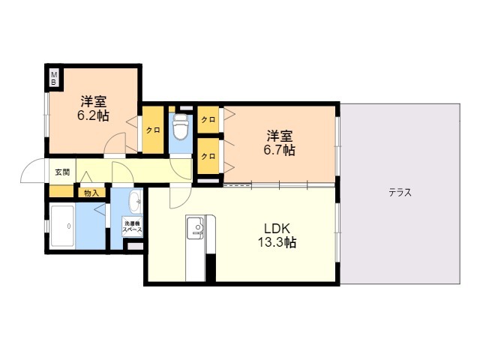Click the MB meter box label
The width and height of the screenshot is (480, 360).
(54, 78)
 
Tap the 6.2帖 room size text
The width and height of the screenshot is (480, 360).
(93, 115)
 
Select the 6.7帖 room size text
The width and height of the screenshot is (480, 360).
(280, 150)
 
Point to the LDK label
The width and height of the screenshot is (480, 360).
(277, 228)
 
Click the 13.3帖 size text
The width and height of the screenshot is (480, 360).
(277, 242)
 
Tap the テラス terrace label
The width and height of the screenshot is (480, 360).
(400, 193)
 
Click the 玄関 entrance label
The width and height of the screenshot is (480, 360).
(62, 172)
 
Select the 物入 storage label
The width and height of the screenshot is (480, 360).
(91, 193)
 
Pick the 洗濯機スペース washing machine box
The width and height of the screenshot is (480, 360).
(132, 226)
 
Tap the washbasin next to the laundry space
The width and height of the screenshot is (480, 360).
(136, 202)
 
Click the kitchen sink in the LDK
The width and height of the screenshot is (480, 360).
(196, 228)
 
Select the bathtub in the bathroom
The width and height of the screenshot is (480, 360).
(62, 226)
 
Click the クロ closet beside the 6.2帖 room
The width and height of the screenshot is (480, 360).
(153, 130)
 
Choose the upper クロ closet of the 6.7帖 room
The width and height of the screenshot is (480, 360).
(208, 120)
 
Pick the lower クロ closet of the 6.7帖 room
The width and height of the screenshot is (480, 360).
(208, 156)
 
